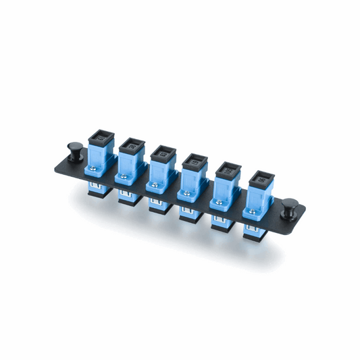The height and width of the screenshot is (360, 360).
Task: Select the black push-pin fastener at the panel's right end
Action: tap(290, 205)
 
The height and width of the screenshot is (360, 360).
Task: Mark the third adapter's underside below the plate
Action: tap(159, 205)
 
